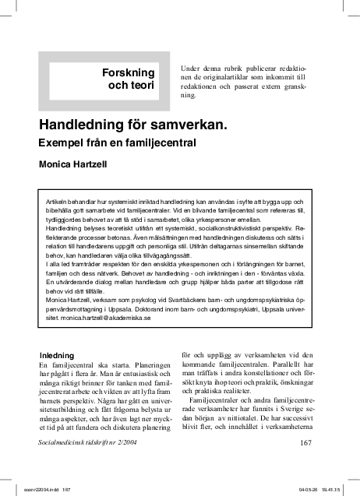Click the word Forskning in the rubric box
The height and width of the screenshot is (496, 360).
click(129, 72)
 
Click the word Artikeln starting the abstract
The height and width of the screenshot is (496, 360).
click(60, 201)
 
